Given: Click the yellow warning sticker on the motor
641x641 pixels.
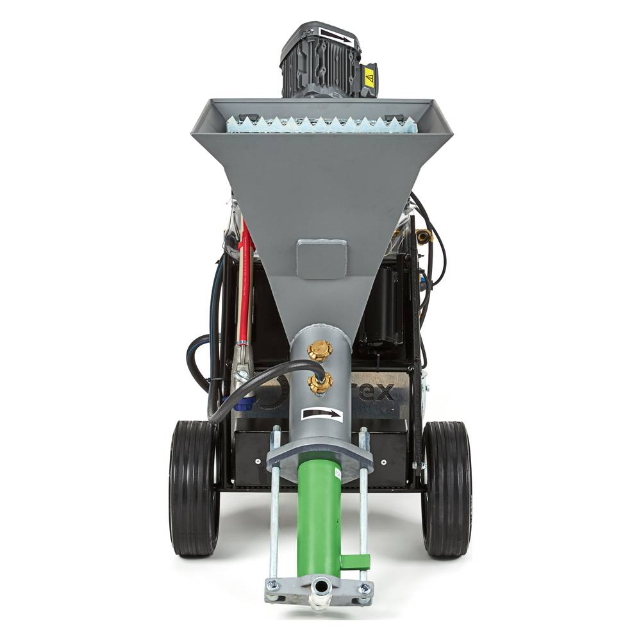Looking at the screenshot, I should (x=369, y=78).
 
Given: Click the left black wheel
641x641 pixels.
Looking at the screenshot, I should (x=194, y=488).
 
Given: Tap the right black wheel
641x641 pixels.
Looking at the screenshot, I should (x=446, y=488).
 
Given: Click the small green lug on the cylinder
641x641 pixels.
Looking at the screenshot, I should (x=354, y=562).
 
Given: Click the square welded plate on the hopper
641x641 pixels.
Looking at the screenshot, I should (x=322, y=259).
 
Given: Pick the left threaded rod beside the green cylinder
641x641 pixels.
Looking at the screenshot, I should (x=274, y=506).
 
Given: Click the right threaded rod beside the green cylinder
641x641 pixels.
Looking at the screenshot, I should (x=363, y=506).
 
